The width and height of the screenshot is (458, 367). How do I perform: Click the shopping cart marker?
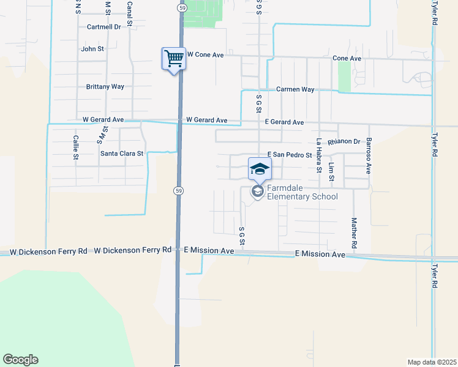174,59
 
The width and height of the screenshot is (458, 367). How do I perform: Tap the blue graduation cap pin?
260,169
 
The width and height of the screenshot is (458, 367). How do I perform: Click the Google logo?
20,360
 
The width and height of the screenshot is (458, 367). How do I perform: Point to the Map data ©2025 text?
432,362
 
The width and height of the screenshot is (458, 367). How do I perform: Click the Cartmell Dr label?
105,27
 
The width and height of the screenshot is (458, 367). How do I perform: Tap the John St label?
92,49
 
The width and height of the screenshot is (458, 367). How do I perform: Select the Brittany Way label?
105,87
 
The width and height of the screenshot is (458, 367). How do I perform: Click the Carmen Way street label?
295,89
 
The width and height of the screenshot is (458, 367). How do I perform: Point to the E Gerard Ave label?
285,122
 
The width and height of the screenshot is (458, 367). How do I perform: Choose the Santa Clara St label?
122,154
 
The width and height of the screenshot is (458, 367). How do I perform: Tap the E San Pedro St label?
290,155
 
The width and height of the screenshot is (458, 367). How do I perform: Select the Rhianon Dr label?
343,142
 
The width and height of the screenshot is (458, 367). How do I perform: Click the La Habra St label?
319,156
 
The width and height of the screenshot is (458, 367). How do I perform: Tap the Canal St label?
130,13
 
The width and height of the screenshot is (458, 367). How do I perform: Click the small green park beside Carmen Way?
344,76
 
